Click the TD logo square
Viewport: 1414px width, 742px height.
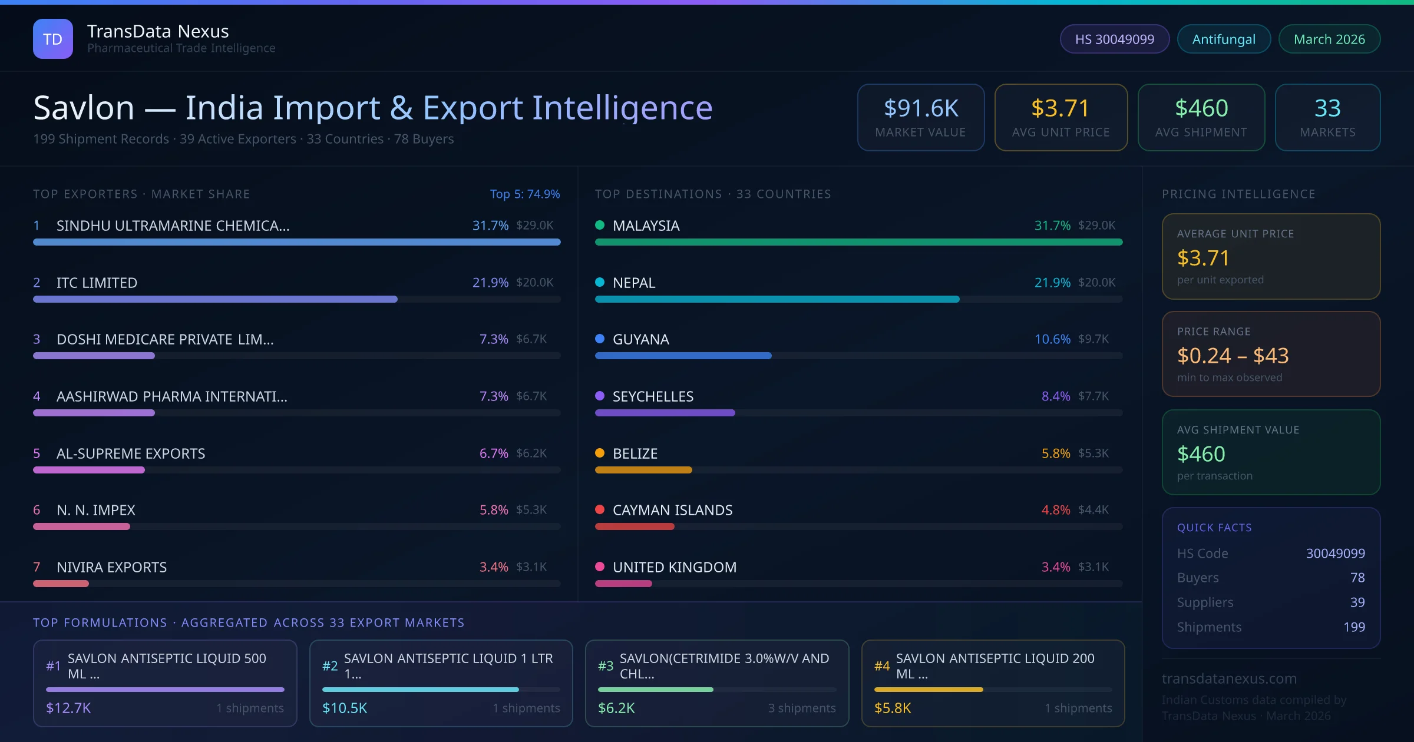53,39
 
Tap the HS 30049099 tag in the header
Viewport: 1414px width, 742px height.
1114,39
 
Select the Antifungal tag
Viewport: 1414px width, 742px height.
1224,39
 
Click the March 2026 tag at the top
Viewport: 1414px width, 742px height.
1329,39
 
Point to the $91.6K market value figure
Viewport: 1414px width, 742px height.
921,108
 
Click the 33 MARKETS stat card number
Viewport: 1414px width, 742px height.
1327,108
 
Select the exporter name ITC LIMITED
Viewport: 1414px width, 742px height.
97,283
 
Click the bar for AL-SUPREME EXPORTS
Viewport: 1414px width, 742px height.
89,470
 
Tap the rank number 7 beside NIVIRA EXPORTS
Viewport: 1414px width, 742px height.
37,567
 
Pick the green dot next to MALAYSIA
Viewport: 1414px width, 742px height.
600,225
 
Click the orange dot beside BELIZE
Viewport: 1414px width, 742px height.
600,453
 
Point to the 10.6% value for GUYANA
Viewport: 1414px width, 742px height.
1052,339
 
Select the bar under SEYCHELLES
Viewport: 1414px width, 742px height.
665,413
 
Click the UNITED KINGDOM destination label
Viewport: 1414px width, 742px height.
675,567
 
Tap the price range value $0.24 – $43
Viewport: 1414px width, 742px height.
1233,356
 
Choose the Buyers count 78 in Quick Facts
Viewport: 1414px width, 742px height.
1357,578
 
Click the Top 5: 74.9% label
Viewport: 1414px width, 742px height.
524,194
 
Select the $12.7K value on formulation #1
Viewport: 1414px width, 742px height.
68,708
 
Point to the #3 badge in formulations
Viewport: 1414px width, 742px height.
606,666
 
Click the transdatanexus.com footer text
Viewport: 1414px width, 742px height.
1229,678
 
